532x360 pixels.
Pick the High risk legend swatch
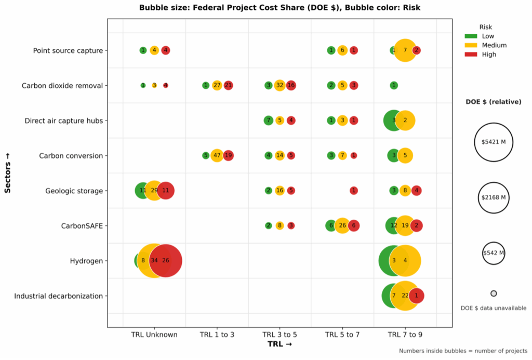[471, 55]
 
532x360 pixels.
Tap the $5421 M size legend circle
[493, 141]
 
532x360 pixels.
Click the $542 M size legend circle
[493, 253]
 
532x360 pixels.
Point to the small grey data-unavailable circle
[494, 294]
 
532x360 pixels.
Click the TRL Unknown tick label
[154, 335]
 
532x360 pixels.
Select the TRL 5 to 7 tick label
[342, 335]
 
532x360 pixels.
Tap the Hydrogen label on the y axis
[86, 261]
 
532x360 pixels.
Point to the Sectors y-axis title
[8, 169]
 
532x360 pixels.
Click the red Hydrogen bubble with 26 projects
[166, 261]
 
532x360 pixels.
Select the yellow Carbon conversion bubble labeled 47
[217, 155]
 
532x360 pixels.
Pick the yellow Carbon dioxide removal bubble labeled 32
[280, 85]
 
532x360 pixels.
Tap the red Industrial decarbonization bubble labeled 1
[416, 296]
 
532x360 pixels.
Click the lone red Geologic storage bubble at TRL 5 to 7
[354, 191]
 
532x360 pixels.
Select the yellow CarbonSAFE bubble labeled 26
[342, 226]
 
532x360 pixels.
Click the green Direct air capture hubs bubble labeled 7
[268, 121]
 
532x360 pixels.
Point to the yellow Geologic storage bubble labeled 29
[154, 191]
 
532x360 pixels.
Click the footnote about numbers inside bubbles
[463, 351]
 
